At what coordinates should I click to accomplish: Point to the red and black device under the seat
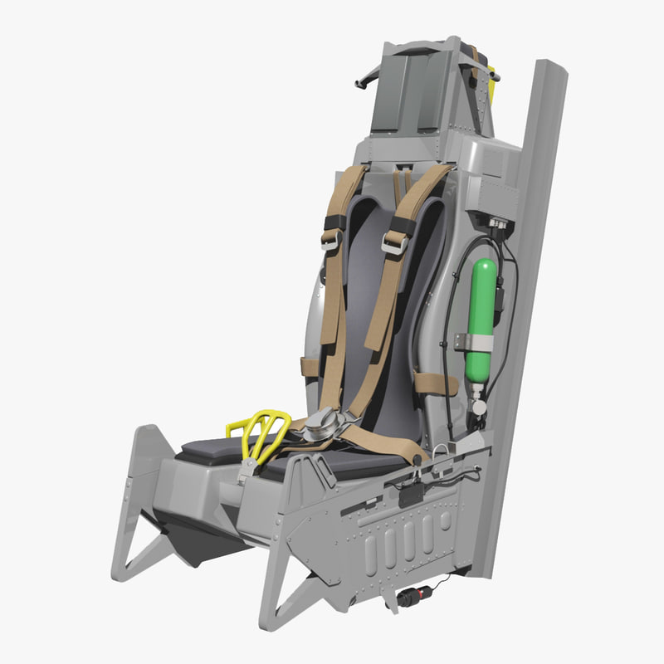point(415,596)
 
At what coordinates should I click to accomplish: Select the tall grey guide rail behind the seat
point(532,290)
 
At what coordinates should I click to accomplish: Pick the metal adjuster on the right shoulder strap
point(394,242)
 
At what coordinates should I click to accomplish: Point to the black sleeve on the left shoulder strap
point(335,222)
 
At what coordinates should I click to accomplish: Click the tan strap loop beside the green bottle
point(435,383)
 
